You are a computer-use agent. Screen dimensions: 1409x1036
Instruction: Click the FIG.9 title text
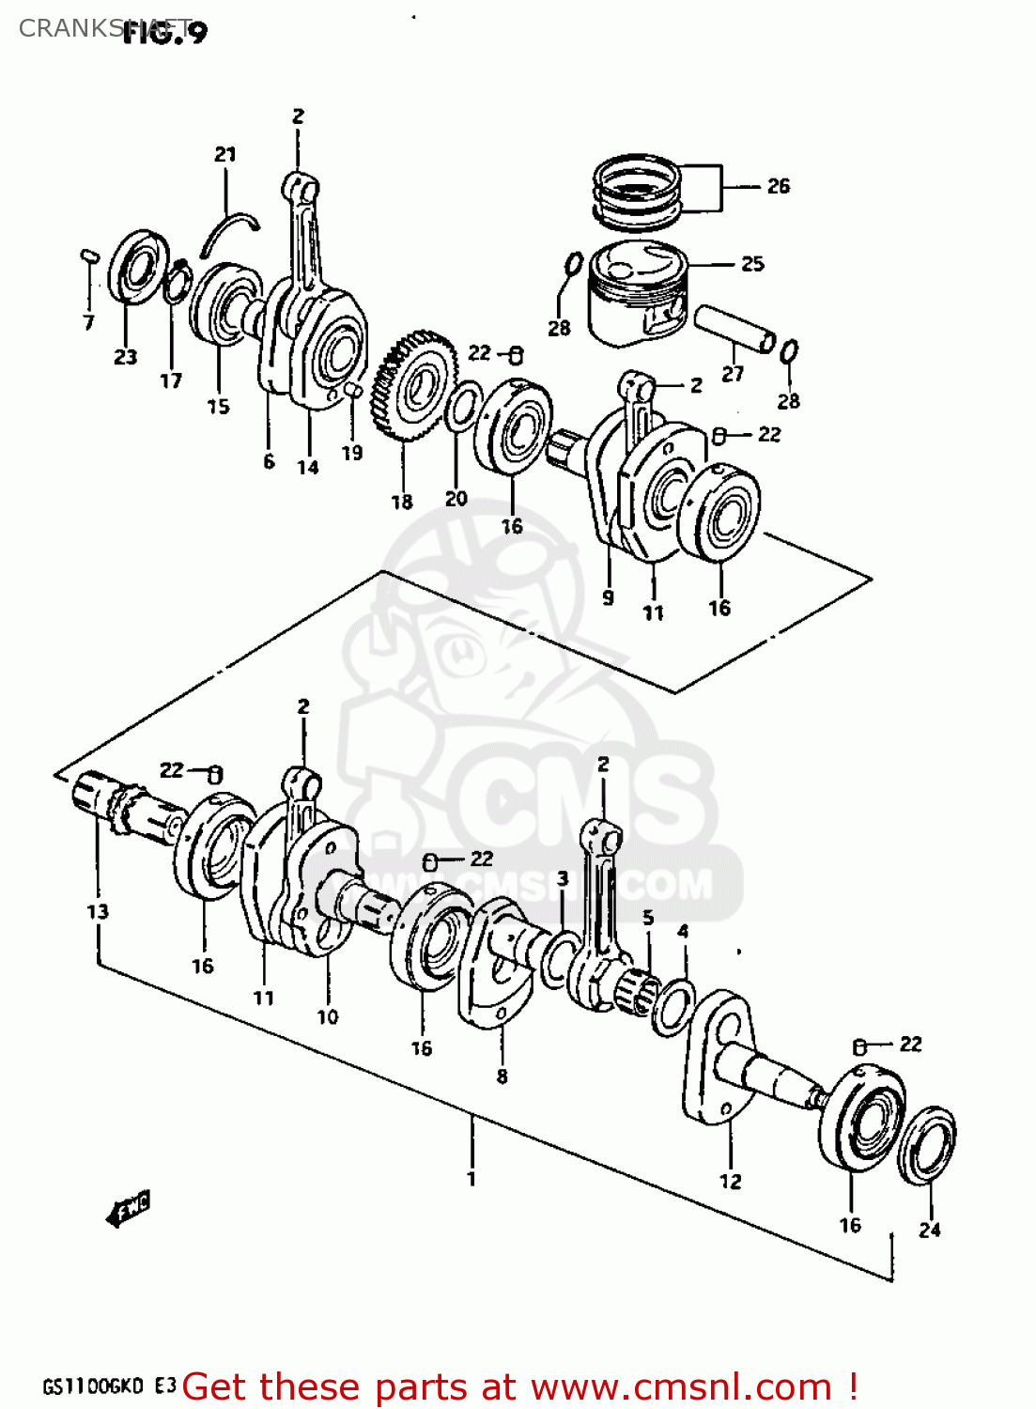(165, 32)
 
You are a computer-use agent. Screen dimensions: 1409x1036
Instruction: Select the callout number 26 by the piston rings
(778, 186)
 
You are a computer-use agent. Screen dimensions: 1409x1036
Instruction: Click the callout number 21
(225, 154)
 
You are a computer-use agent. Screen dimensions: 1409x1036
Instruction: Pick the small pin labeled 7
(89, 255)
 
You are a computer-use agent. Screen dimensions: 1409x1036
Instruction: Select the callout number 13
(98, 911)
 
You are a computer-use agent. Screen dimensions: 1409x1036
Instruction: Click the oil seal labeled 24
(927, 1147)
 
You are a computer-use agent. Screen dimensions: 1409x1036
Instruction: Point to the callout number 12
(731, 1182)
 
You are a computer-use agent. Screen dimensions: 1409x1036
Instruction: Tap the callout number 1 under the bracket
(472, 1179)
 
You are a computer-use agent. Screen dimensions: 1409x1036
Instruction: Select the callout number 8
(502, 1076)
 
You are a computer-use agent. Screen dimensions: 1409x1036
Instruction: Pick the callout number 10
(327, 1016)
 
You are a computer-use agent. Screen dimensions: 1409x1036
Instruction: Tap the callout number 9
(608, 597)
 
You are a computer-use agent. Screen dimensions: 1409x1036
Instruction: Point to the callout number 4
(683, 932)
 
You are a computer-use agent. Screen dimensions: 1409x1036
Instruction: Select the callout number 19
(351, 453)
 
